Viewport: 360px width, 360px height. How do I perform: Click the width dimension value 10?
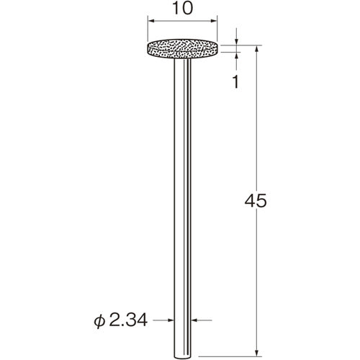pos(182,8)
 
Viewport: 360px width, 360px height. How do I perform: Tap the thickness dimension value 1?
pos(236,81)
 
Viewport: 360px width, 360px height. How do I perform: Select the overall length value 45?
pos(256,201)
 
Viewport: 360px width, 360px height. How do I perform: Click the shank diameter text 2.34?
pos(128,320)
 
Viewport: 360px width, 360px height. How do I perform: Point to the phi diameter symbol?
pos(99,321)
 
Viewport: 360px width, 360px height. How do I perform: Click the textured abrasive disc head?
pos(182,49)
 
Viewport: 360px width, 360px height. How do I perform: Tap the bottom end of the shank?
pos(182,357)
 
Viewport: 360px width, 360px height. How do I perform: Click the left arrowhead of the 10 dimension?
pos(151,21)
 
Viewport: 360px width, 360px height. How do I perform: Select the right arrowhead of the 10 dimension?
pos(214,21)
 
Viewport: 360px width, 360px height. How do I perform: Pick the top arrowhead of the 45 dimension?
pos(257,49)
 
